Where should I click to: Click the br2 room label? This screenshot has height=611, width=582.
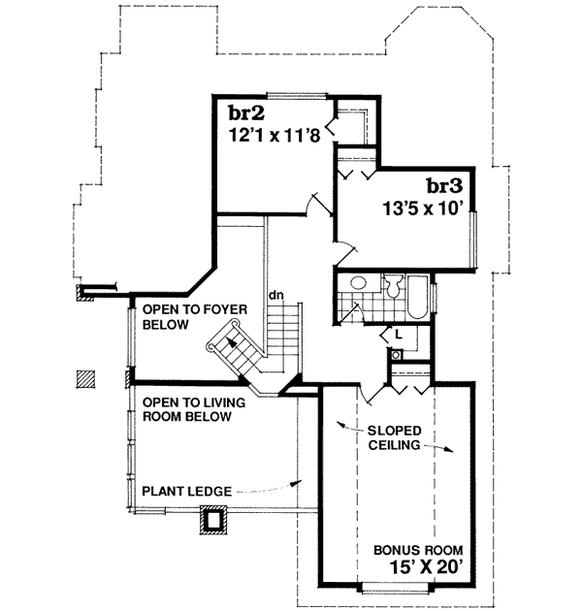point(242,111)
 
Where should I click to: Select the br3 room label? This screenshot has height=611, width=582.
point(442,184)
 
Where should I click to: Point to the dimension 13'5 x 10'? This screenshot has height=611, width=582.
point(426,206)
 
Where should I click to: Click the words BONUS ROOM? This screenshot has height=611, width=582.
point(421,548)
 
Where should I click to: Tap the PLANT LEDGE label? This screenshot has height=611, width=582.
point(185,491)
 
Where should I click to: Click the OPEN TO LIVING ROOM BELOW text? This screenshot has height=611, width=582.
point(186,409)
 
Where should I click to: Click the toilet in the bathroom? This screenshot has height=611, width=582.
point(393,287)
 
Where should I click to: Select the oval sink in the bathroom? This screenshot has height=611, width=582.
point(358,284)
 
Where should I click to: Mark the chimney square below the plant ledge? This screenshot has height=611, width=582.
point(211,521)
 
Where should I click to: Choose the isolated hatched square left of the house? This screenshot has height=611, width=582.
point(86,377)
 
